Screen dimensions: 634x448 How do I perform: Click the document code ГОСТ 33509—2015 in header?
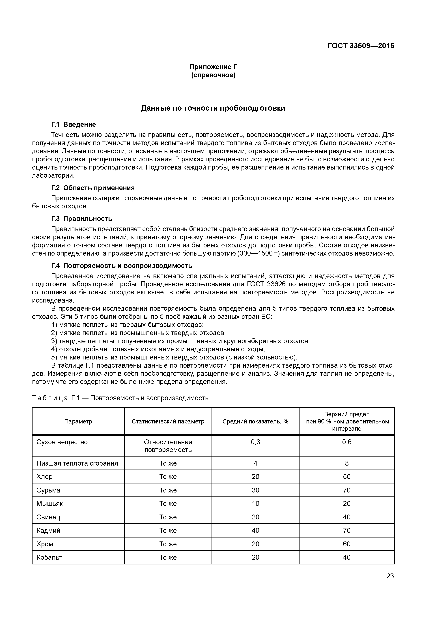coord(361,46)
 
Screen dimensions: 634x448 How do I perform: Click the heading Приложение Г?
coord(213,67)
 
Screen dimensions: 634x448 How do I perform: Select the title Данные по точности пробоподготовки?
coord(213,108)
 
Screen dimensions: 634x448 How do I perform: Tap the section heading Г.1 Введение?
coord(74,125)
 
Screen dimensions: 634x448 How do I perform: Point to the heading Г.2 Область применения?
coord(93,188)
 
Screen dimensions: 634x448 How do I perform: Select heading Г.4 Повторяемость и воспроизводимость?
coord(122,266)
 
